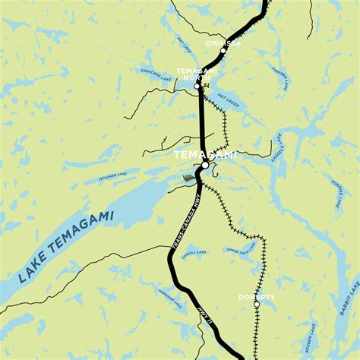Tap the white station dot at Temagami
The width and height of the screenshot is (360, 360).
(205, 165)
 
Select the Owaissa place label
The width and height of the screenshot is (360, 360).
(223, 44)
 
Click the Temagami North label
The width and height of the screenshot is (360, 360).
(197, 73)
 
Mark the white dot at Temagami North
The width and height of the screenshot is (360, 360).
(197, 87)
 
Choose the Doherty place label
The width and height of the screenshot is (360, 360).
(257, 296)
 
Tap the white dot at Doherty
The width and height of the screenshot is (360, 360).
(257, 305)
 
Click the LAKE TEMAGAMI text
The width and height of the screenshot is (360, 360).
(65, 249)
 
